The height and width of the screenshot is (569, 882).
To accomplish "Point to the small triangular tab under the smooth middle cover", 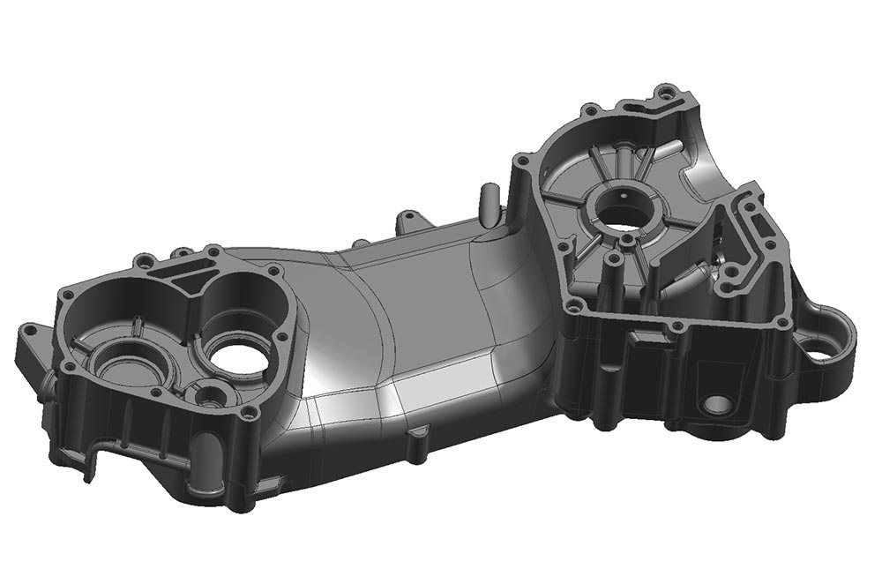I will [x=420, y=433].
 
